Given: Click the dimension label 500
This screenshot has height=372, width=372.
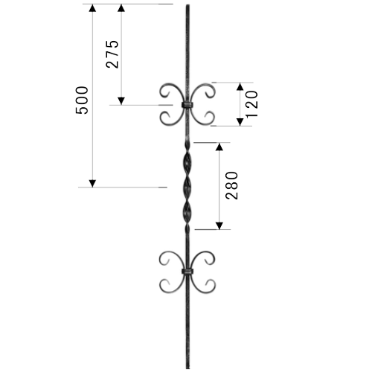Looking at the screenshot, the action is [x=82, y=100].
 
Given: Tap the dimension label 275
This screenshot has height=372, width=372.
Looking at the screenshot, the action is [x=112, y=54].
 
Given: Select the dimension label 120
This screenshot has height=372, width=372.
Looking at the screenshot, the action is [x=251, y=104].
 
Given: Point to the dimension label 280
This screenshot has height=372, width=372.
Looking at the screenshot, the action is [x=231, y=185].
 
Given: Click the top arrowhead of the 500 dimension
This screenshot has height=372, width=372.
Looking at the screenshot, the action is [x=92, y=8].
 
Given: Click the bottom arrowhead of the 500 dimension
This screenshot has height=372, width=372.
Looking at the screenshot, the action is [x=92, y=184].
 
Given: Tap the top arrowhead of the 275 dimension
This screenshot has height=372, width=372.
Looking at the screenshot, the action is [x=121, y=8].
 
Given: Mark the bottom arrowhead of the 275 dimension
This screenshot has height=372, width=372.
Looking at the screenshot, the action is [x=121, y=101].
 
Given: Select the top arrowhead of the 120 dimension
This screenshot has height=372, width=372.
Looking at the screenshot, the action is [x=240, y=86].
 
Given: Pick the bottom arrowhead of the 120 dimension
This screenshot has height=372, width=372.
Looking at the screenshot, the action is [x=240, y=122].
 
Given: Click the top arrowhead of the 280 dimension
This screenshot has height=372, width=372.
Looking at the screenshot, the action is [x=219, y=147].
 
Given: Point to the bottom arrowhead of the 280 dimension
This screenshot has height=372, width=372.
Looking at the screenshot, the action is [x=219, y=225].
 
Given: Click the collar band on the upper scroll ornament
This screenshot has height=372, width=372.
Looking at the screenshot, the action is [x=187, y=105].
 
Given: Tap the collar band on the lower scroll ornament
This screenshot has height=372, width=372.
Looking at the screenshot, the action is [x=187, y=272].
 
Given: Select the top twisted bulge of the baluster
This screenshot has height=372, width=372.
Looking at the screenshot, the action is [x=187, y=164].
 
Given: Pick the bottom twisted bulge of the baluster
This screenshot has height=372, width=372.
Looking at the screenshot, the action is [x=187, y=213].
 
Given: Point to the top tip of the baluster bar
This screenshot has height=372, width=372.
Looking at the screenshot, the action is [x=187, y=4].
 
